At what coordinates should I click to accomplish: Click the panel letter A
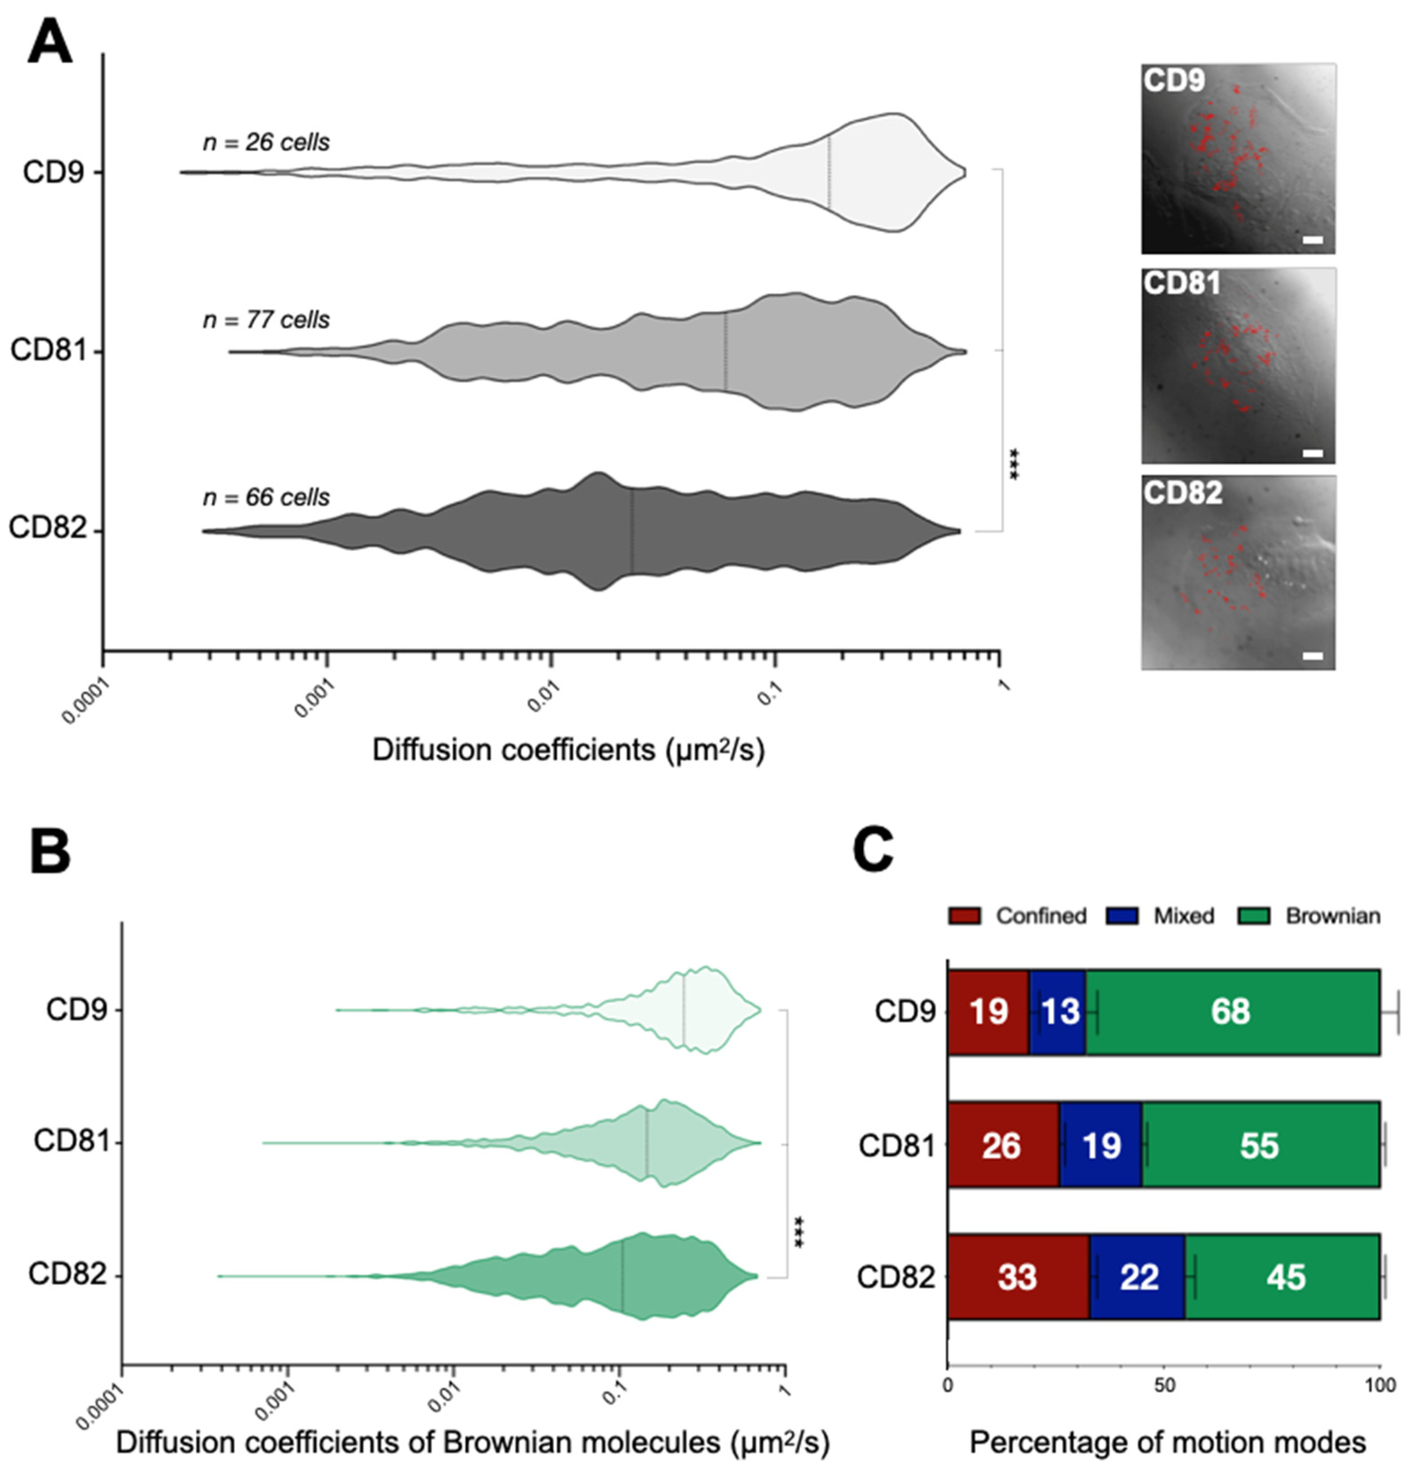(50, 44)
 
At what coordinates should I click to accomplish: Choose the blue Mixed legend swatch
(1122, 916)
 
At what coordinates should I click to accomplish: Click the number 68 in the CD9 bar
(1231, 1012)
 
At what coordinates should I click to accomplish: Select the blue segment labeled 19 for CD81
(1101, 1145)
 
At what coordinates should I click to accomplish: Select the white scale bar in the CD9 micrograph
(1312, 240)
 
